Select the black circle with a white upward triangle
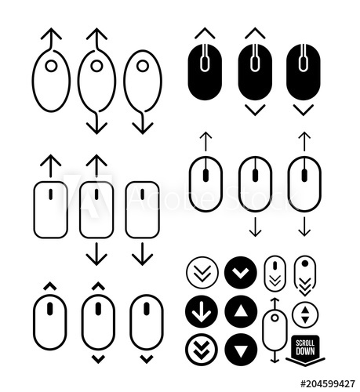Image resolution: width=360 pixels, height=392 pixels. coord(240,312)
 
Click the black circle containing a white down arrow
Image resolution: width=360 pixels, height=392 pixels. coord(202,312)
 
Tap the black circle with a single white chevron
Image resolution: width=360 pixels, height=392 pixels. coord(240,273)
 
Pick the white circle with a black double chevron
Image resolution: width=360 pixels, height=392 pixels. coord(202,273)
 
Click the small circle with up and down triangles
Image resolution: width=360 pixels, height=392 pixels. coord(304,315)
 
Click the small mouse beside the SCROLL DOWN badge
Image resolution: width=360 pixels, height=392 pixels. coord(274,332)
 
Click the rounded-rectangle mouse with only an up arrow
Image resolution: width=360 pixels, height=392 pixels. coord(50,209)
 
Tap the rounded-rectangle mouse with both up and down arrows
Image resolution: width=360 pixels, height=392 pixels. coord(96,209)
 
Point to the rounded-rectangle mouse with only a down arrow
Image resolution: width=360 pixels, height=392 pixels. coord(142,209)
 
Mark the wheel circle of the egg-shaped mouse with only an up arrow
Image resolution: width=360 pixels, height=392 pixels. coord(51,67)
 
